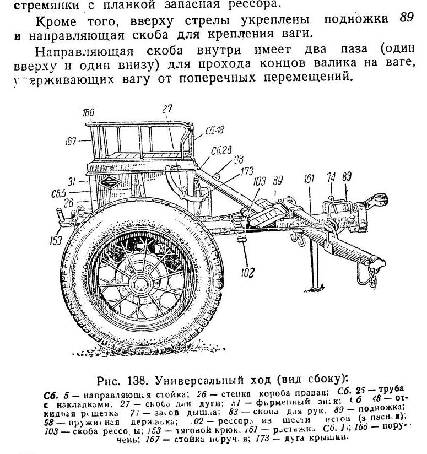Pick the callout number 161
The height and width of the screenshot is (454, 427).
coord(309,178)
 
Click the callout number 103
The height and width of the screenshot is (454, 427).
coord(260,181)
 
